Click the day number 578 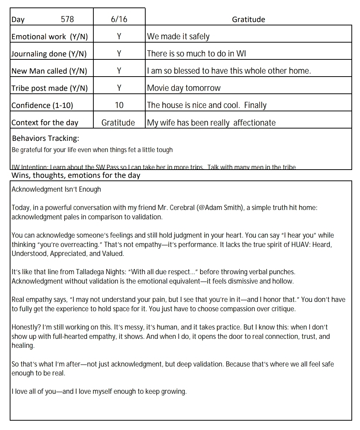pos(67,19)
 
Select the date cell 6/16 pos(119,19)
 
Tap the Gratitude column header pos(248,19)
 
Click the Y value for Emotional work pos(119,37)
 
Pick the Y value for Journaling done pos(119,54)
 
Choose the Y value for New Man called pos(119,71)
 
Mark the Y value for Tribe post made pos(119,88)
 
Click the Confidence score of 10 pos(119,105)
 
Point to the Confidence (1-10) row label pos(42,105)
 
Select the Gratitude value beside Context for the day pos(118,123)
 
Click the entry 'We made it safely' pos(178,37)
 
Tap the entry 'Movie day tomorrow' pos(184,88)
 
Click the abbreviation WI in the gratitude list pos(241,54)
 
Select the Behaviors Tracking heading pos(46,139)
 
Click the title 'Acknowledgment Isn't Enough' pos(56,189)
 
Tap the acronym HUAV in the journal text pos(292,244)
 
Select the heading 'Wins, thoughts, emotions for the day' pos(76,175)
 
